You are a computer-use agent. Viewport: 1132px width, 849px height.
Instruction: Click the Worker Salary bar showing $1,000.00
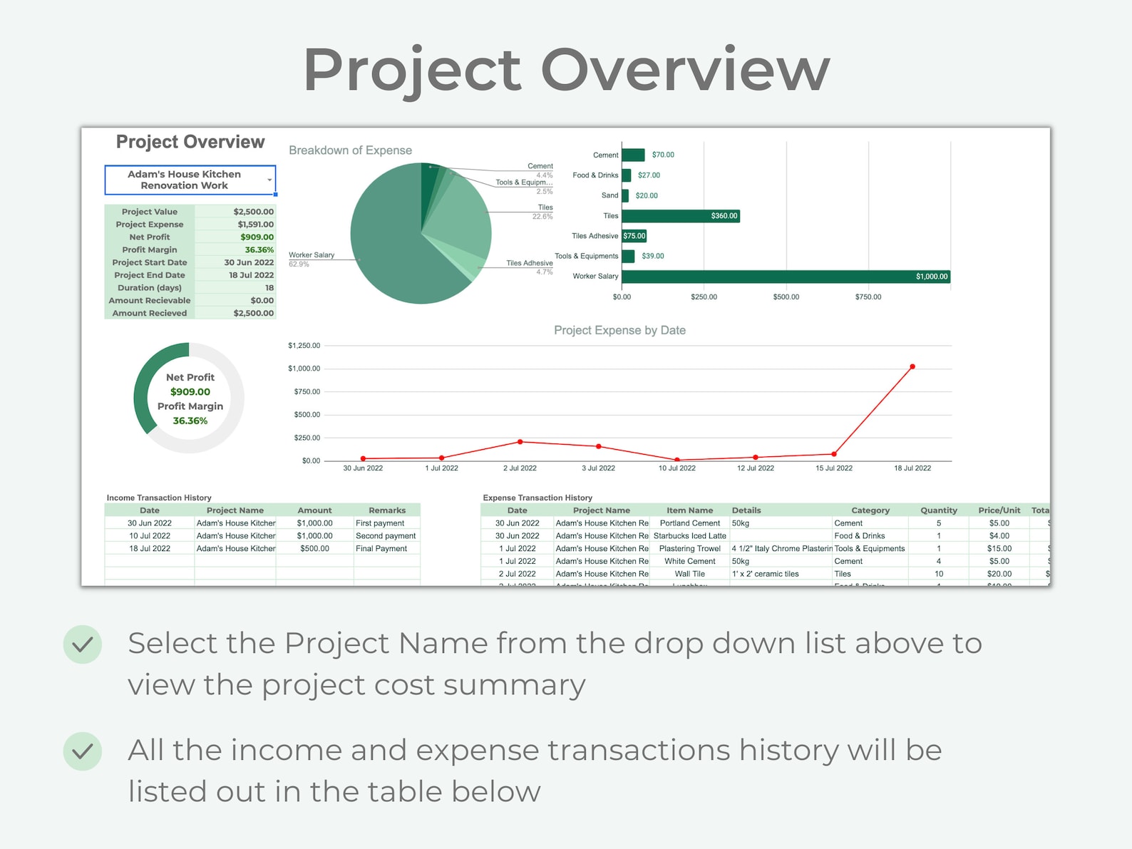click(784, 277)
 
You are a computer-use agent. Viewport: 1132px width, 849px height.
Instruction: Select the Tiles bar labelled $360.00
click(681, 216)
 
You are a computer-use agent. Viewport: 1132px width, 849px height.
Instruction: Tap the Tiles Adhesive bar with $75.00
click(634, 236)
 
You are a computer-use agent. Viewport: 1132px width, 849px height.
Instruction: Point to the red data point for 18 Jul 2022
click(912, 367)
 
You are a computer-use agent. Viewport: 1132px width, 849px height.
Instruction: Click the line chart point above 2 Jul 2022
click(520, 442)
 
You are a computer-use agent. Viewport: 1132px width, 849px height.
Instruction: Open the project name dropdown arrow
click(269, 180)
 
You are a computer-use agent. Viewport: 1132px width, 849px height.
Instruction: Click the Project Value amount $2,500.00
click(253, 212)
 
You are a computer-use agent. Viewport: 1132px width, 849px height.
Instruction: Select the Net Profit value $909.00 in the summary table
click(257, 237)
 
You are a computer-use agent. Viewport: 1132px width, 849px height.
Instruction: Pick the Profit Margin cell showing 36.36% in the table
click(259, 250)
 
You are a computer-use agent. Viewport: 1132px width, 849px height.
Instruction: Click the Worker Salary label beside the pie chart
click(312, 255)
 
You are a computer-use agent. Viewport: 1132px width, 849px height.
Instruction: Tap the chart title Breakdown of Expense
click(350, 150)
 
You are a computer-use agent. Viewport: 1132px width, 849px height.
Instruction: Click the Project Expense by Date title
click(619, 330)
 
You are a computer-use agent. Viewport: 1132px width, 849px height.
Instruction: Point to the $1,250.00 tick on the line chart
click(304, 346)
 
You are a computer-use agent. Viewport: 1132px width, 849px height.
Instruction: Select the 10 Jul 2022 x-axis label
click(676, 468)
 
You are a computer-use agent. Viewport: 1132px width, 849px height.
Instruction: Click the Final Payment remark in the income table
click(381, 549)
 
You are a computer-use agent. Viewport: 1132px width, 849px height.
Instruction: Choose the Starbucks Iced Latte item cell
click(689, 536)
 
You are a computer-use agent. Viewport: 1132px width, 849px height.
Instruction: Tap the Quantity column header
click(938, 510)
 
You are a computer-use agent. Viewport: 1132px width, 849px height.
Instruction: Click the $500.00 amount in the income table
click(314, 549)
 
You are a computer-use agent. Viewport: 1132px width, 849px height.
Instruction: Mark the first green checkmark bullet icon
click(83, 644)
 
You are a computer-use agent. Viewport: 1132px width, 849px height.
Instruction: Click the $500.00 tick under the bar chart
click(786, 297)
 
